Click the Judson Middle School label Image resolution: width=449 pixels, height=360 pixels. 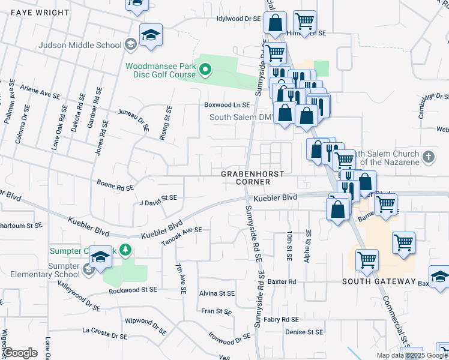coord(79,44)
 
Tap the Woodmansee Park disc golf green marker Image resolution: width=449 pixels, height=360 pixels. coord(205,70)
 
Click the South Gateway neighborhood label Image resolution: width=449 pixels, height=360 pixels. coord(379,281)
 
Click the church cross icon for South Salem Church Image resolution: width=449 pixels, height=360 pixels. coord(428,157)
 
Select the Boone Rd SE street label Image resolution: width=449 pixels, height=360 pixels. coord(115,187)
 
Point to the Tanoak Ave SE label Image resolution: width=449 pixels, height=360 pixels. coord(182,236)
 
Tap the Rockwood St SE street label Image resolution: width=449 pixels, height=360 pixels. coord(133,290)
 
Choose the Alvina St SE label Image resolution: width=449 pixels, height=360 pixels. coord(217,294)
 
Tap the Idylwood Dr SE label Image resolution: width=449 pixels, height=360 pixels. coord(239,19)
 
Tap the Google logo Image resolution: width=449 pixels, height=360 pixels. coord(20,353)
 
